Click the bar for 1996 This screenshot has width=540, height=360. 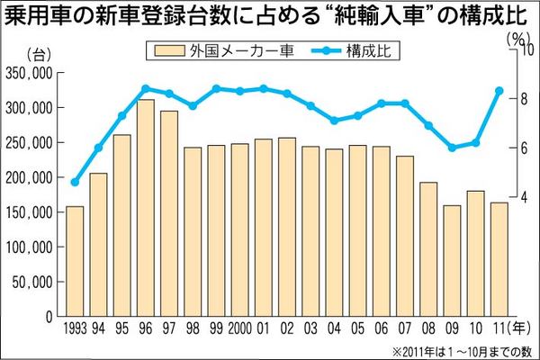(x=145, y=207)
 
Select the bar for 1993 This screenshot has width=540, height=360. (x=75, y=261)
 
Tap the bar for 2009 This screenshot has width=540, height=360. (x=451, y=260)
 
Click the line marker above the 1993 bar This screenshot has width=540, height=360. (x=75, y=183)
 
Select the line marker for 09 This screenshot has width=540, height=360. (x=451, y=148)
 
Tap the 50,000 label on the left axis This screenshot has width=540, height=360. (x=34, y=282)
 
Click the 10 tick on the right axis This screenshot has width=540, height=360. (x=516, y=51)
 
